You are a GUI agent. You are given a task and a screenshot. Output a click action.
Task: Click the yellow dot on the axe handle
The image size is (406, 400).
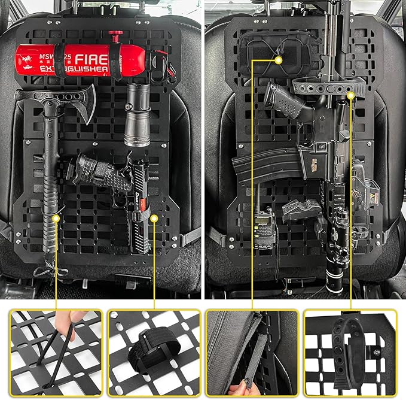point(56,219)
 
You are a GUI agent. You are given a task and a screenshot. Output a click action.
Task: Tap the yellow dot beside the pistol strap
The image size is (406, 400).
point(154,219)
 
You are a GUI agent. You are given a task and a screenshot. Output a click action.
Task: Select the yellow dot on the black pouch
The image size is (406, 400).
point(279,59)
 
